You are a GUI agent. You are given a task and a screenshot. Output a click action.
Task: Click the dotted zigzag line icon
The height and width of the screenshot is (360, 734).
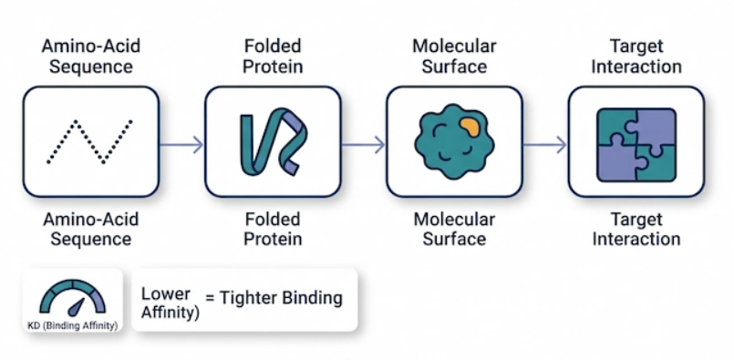(x=90, y=142)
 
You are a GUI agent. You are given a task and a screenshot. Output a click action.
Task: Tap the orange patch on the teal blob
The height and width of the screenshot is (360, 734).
(x=469, y=127)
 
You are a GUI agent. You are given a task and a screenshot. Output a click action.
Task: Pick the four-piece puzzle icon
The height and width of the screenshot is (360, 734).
(x=636, y=145)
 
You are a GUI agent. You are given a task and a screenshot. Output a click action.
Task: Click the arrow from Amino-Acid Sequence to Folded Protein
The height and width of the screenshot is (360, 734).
(x=181, y=145)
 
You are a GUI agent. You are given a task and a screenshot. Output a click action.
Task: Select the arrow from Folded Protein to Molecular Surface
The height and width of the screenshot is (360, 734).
(x=363, y=145)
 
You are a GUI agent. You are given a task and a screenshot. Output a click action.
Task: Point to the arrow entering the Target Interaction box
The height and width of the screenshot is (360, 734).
(x=545, y=145)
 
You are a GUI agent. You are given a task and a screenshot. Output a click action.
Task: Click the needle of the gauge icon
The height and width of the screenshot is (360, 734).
(x=76, y=306)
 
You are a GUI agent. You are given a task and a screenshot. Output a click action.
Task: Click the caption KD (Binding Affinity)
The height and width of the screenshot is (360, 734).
(x=73, y=325)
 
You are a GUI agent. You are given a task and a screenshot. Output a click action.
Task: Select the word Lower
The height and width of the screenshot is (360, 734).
(x=166, y=294)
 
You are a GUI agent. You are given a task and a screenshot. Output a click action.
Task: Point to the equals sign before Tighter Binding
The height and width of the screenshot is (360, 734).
(x=209, y=298)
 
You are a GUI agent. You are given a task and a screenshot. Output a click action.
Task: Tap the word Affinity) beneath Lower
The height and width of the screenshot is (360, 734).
(x=170, y=313)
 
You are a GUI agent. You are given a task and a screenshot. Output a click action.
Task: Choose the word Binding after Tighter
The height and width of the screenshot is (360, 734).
(x=313, y=298)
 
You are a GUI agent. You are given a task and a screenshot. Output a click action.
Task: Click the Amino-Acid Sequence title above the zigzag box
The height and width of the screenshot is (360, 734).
(x=91, y=57)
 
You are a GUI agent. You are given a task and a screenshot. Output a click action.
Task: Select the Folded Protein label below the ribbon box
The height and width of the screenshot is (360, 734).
(x=273, y=229)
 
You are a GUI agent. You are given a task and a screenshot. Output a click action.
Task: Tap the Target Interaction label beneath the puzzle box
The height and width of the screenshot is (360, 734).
(x=636, y=229)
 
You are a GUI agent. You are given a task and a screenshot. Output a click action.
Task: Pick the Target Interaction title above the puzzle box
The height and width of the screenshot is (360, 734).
(x=636, y=57)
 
